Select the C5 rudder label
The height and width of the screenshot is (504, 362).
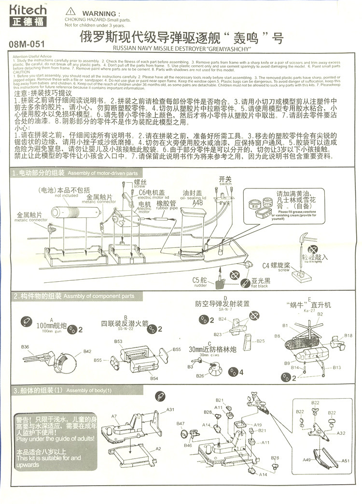pyautogui.click(x=199, y=280)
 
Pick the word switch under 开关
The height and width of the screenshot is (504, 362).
pyautogui.click(x=225, y=185)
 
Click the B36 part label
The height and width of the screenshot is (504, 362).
pyautogui.click(x=25, y=346)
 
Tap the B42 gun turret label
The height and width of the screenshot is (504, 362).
pyautogui.click(x=87, y=351)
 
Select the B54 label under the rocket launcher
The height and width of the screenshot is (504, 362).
pyautogui.click(x=154, y=378)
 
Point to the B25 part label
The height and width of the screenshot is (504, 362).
pyautogui.click(x=261, y=341)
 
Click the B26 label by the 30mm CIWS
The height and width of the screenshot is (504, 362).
pyautogui.click(x=200, y=375)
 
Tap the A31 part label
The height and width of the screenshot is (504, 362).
pyautogui.click(x=170, y=410)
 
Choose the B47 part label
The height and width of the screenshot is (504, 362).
pyautogui.click(x=180, y=423)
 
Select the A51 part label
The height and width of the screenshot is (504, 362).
pyautogui.click(x=346, y=461)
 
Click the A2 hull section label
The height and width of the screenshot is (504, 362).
pyautogui.click(x=158, y=449)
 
